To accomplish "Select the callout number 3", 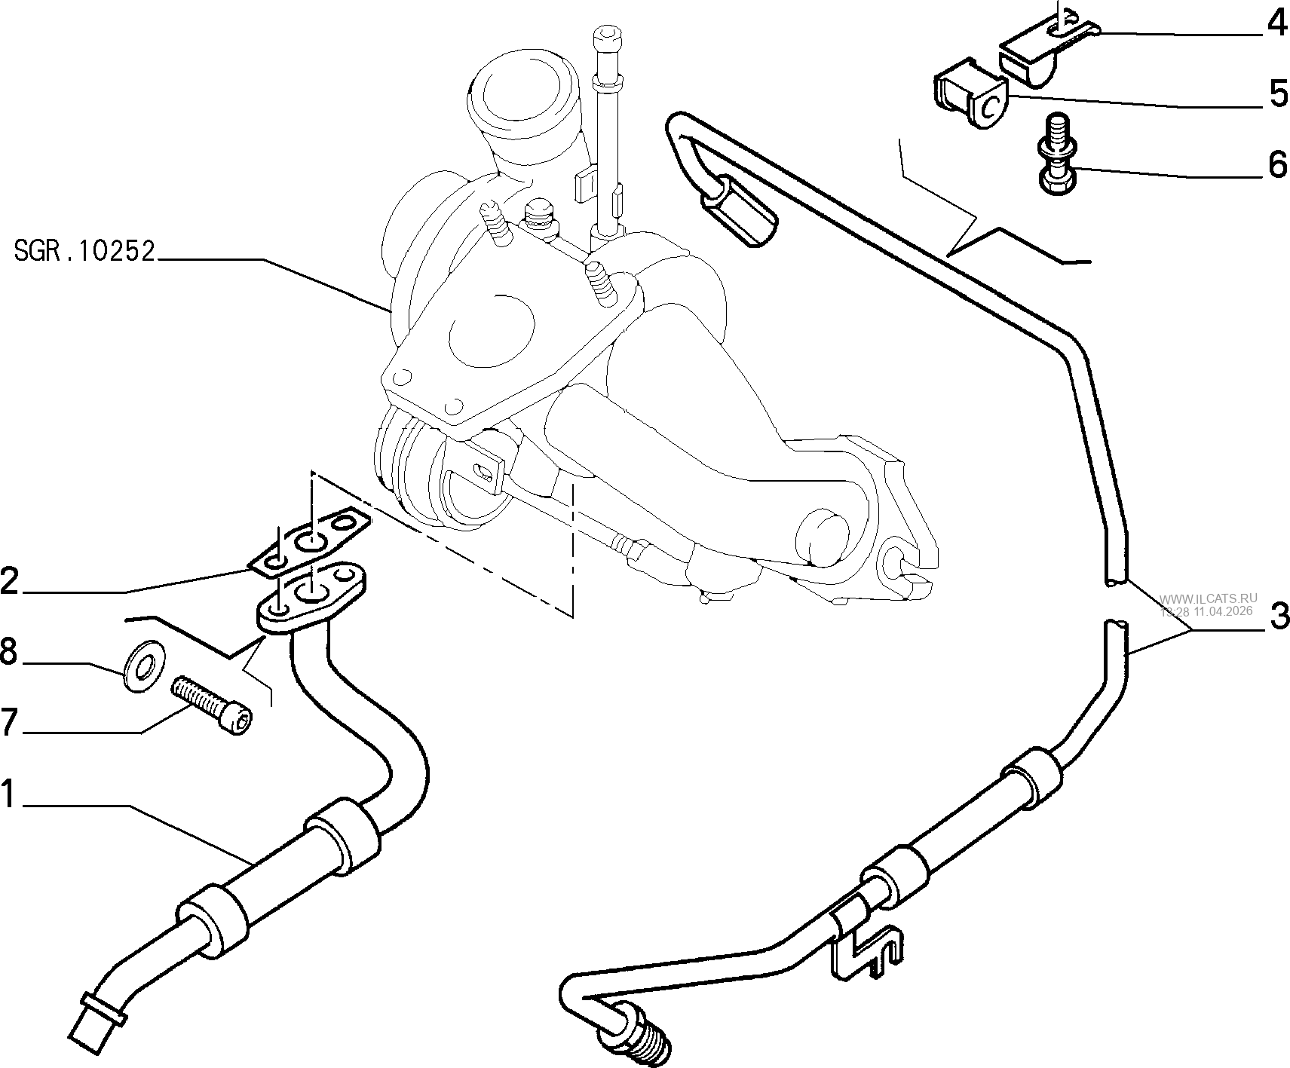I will tap(1277, 616).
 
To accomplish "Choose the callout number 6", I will tap(1277, 164).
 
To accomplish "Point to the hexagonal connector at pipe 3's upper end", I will tap(739, 212).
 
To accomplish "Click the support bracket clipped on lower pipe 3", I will tap(867, 942).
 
